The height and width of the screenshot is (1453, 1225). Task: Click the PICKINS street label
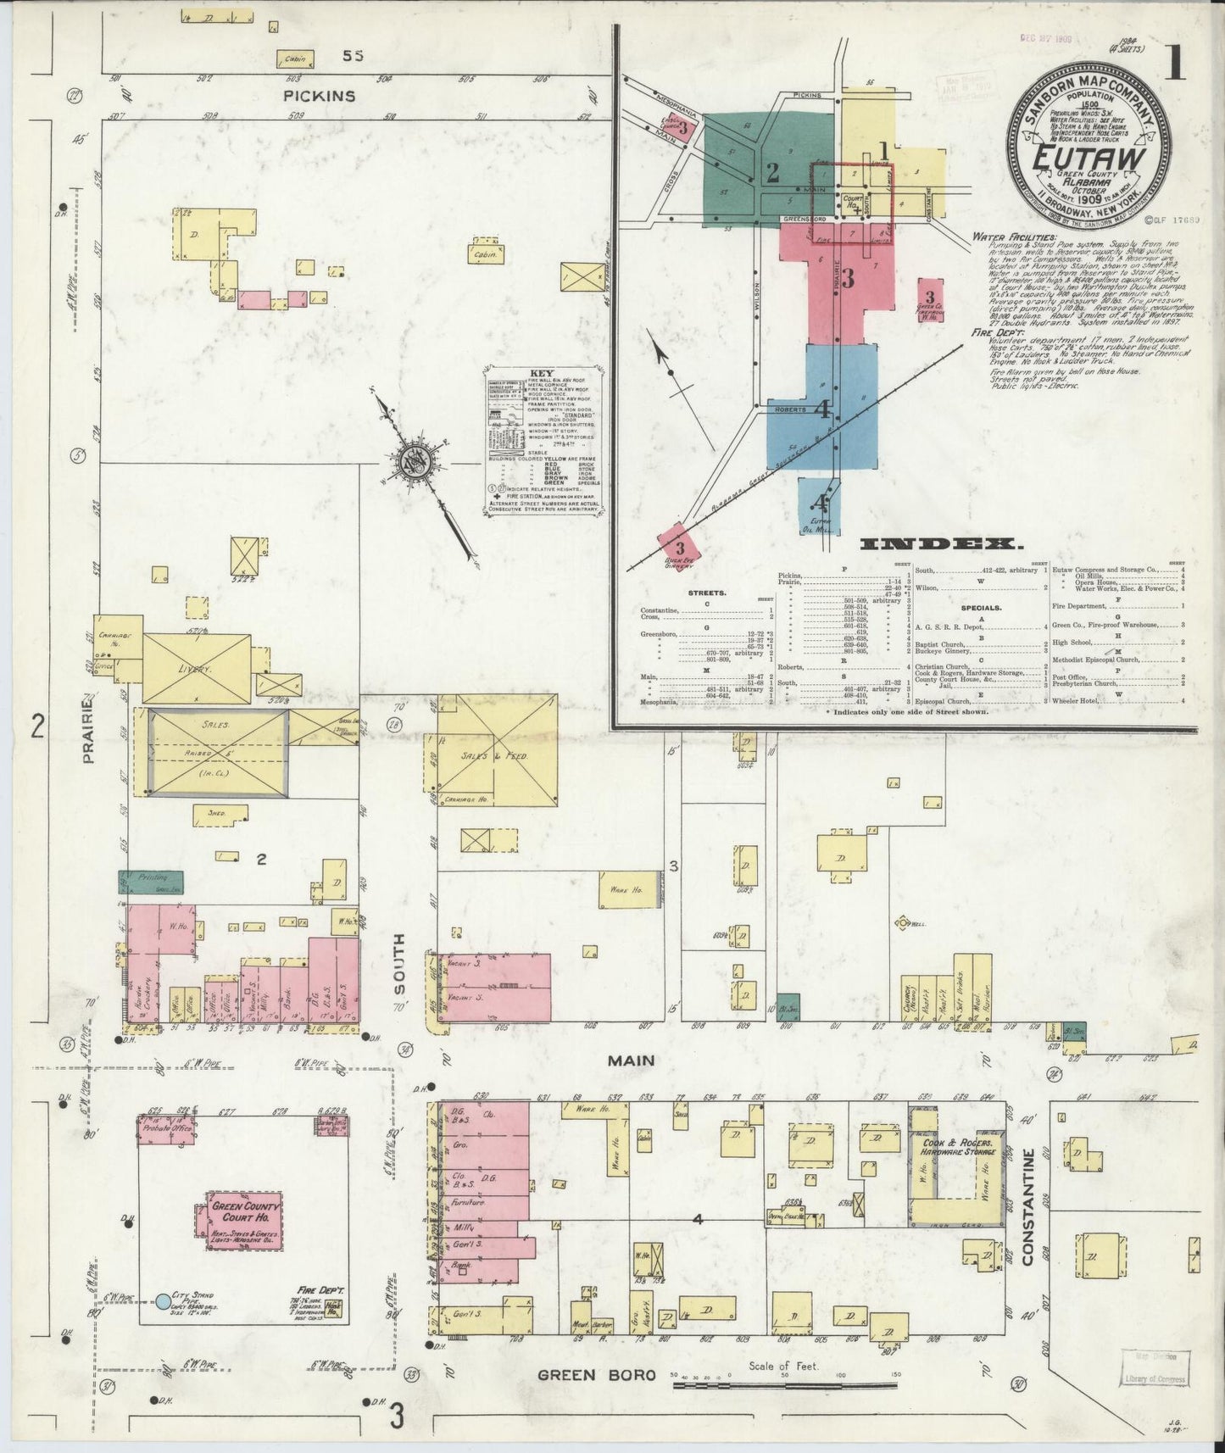320,97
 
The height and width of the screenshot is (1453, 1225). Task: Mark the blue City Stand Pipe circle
162,1300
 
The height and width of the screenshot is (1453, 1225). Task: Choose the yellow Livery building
197,668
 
